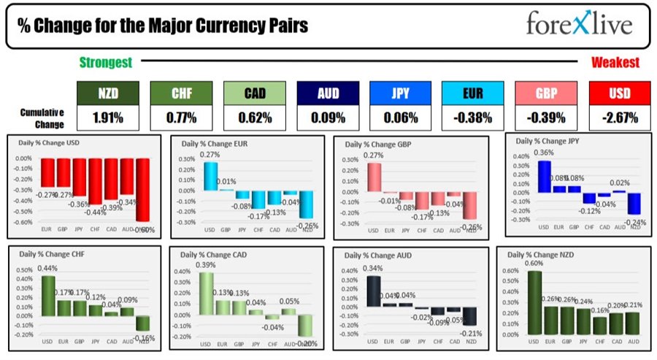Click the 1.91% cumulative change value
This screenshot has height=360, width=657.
point(105,117)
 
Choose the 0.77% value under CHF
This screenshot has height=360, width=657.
point(177,117)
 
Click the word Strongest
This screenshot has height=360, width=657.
point(105,64)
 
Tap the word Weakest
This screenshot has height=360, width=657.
point(615,64)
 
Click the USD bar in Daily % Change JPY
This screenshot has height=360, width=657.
point(544,176)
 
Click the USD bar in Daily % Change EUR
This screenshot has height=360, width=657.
point(210,176)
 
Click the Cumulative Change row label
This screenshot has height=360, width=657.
point(42,117)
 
